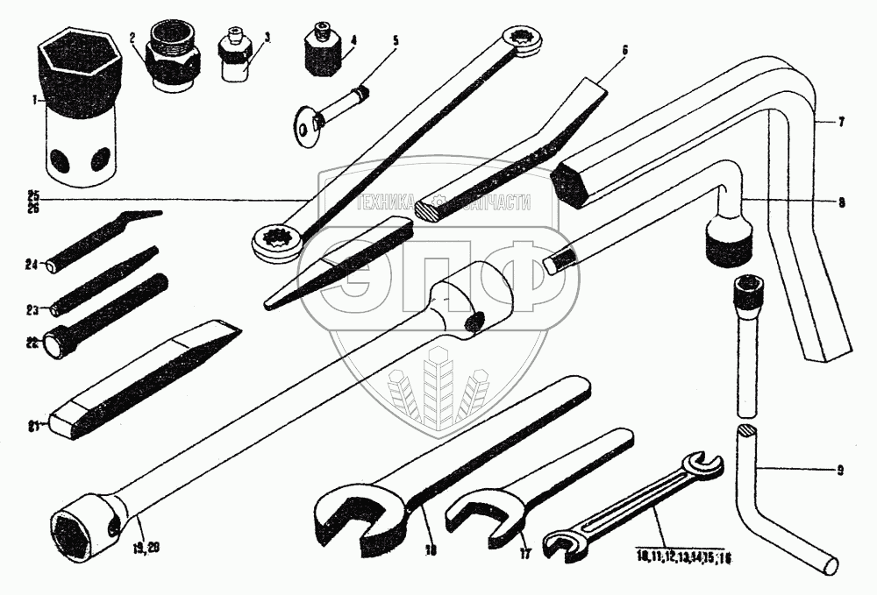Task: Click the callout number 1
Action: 33,101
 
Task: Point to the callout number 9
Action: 840,471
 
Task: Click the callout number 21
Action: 33,428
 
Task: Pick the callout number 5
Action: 394,41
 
